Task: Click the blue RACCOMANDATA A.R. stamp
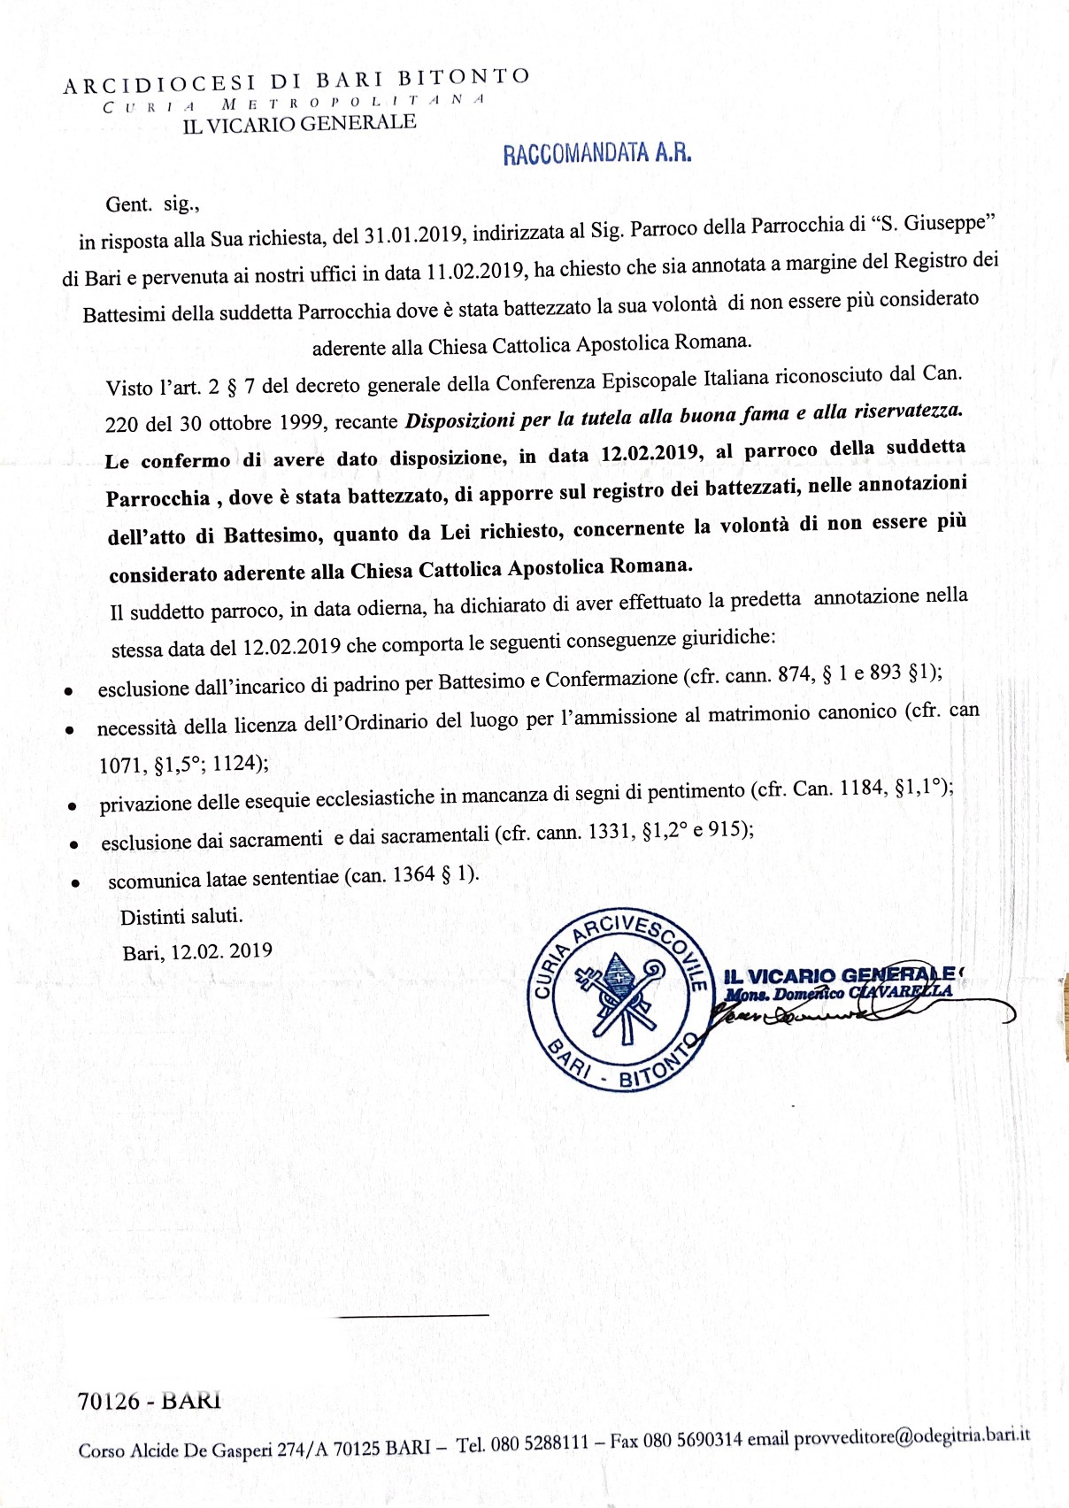click(597, 154)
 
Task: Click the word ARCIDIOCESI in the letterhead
click(159, 85)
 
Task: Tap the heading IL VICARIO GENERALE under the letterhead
click(299, 123)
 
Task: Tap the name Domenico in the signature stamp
click(810, 994)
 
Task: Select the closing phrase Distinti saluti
click(181, 915)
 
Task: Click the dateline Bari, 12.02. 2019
click(197, 951)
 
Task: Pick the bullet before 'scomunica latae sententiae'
click(78, 883)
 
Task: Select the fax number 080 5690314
click(692, 1440)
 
